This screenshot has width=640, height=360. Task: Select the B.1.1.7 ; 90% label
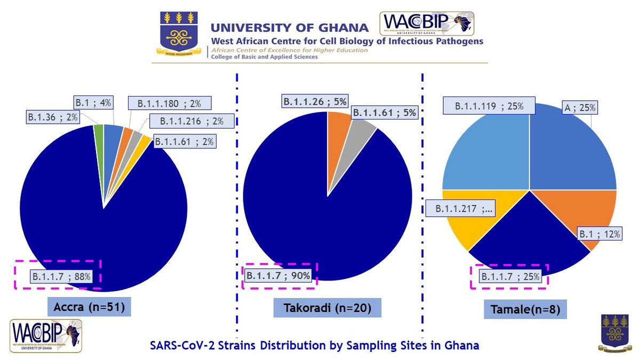point(279,275)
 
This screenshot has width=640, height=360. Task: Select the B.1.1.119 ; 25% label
point(487,106)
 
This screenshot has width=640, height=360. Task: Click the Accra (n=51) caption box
point(89,307)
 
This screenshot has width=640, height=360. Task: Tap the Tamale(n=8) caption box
point(516,309)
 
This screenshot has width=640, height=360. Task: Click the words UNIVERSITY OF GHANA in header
point(290,28)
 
